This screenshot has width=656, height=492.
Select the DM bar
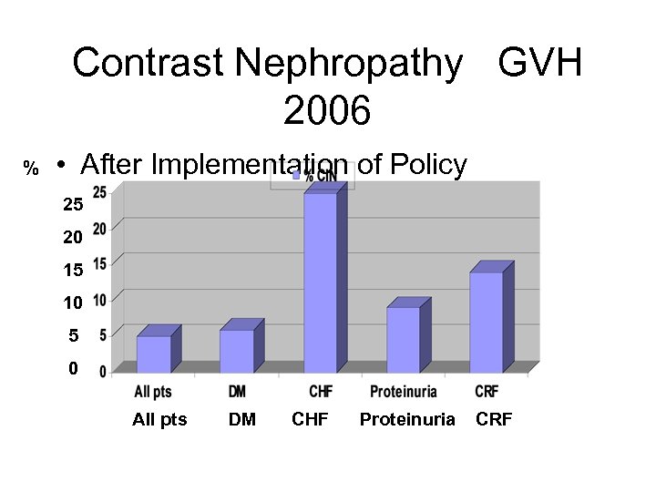click(237, 350)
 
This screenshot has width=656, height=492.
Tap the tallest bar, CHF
click(320, 282)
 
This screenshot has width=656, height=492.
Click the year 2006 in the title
click(327, 112)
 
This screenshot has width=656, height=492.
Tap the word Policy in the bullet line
click(428, 165)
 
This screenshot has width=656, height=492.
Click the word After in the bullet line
click(112, 165)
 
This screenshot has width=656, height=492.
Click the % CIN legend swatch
click(296, 175)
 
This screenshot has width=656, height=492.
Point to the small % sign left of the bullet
click(31, 169)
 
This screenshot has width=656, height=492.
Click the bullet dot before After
click(59, 167)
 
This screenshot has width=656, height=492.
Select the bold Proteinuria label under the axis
click(403, 392)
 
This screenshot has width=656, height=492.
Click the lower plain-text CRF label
click(494, 419)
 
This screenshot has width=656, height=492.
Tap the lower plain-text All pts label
click(159, 419)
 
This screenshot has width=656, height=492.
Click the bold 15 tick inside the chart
click(99, 263)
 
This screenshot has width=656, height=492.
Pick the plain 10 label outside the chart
click(73, 302)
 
